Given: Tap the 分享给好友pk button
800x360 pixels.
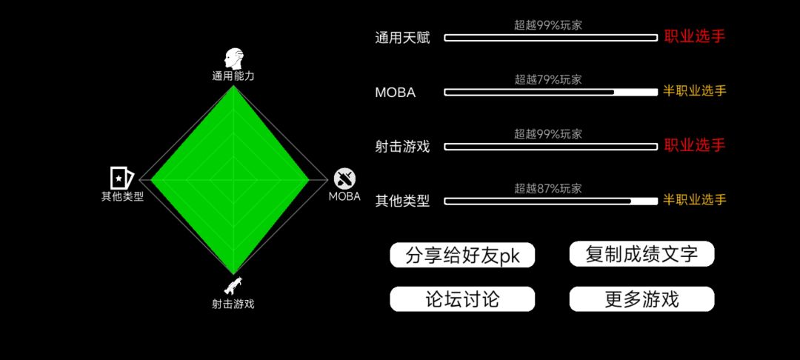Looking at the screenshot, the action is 462,255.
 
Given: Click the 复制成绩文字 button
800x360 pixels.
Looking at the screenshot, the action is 641,254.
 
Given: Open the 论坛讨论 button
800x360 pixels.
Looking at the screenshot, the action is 462,299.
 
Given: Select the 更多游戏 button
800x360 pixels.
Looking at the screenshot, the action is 641,299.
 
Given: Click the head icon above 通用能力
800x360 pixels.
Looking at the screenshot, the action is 233,59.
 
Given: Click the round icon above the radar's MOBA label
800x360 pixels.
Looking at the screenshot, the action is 345,179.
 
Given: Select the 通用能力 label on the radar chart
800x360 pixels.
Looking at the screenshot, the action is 233,77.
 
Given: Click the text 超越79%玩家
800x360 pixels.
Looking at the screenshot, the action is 548,79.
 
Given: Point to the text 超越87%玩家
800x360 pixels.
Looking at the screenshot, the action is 548,189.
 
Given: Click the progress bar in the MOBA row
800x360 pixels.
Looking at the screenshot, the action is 551,93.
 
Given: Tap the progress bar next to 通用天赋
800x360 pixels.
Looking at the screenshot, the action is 551,38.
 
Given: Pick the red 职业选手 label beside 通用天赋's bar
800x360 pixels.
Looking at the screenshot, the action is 694,36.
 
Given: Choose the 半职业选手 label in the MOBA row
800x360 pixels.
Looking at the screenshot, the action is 694,91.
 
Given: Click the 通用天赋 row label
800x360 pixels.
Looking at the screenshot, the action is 402,39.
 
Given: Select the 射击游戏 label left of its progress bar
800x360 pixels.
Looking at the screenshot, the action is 402,147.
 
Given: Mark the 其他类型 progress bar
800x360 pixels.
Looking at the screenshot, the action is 551,201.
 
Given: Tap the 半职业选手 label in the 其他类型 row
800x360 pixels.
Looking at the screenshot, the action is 694,200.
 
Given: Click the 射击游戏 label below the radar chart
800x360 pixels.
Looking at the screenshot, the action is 233,304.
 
